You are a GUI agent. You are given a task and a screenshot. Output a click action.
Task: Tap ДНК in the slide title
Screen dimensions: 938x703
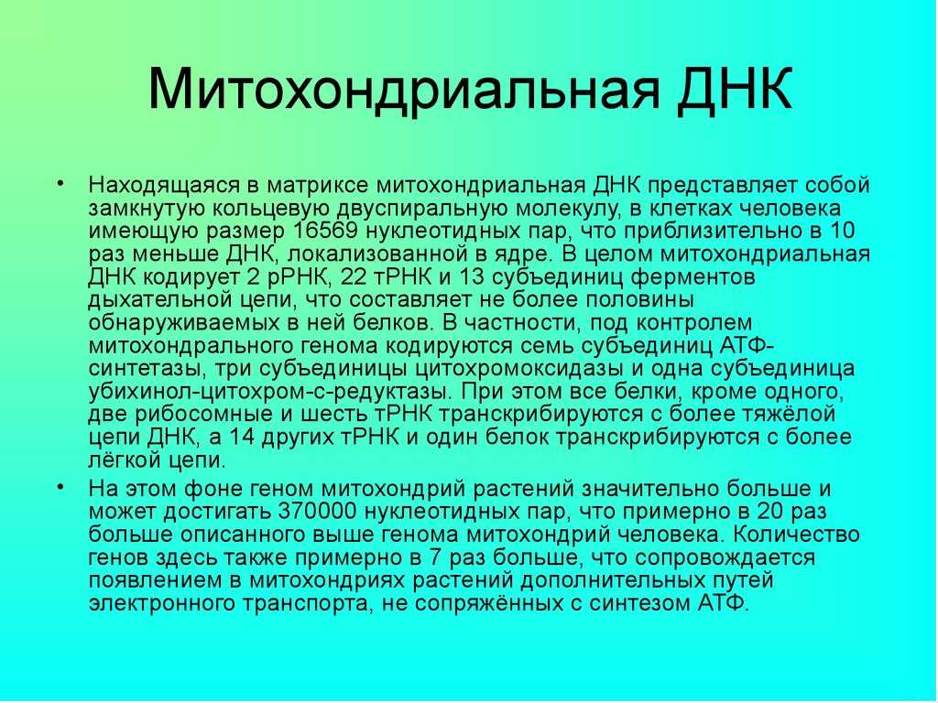pyautogui.click(x=736, y=89)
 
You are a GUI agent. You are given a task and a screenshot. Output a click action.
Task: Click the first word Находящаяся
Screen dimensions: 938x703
pyautogui.click(x=164, y=186)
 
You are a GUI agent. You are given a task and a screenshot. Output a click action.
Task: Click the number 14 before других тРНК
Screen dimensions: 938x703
pyautogui.click(x=242, y=437)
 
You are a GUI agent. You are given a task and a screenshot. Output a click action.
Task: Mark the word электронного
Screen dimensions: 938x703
pyautogui.click(x=162, y=603)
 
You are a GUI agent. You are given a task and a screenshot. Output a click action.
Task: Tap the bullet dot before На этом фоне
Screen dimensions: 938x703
pyautogui.click(x=60, y=486)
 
